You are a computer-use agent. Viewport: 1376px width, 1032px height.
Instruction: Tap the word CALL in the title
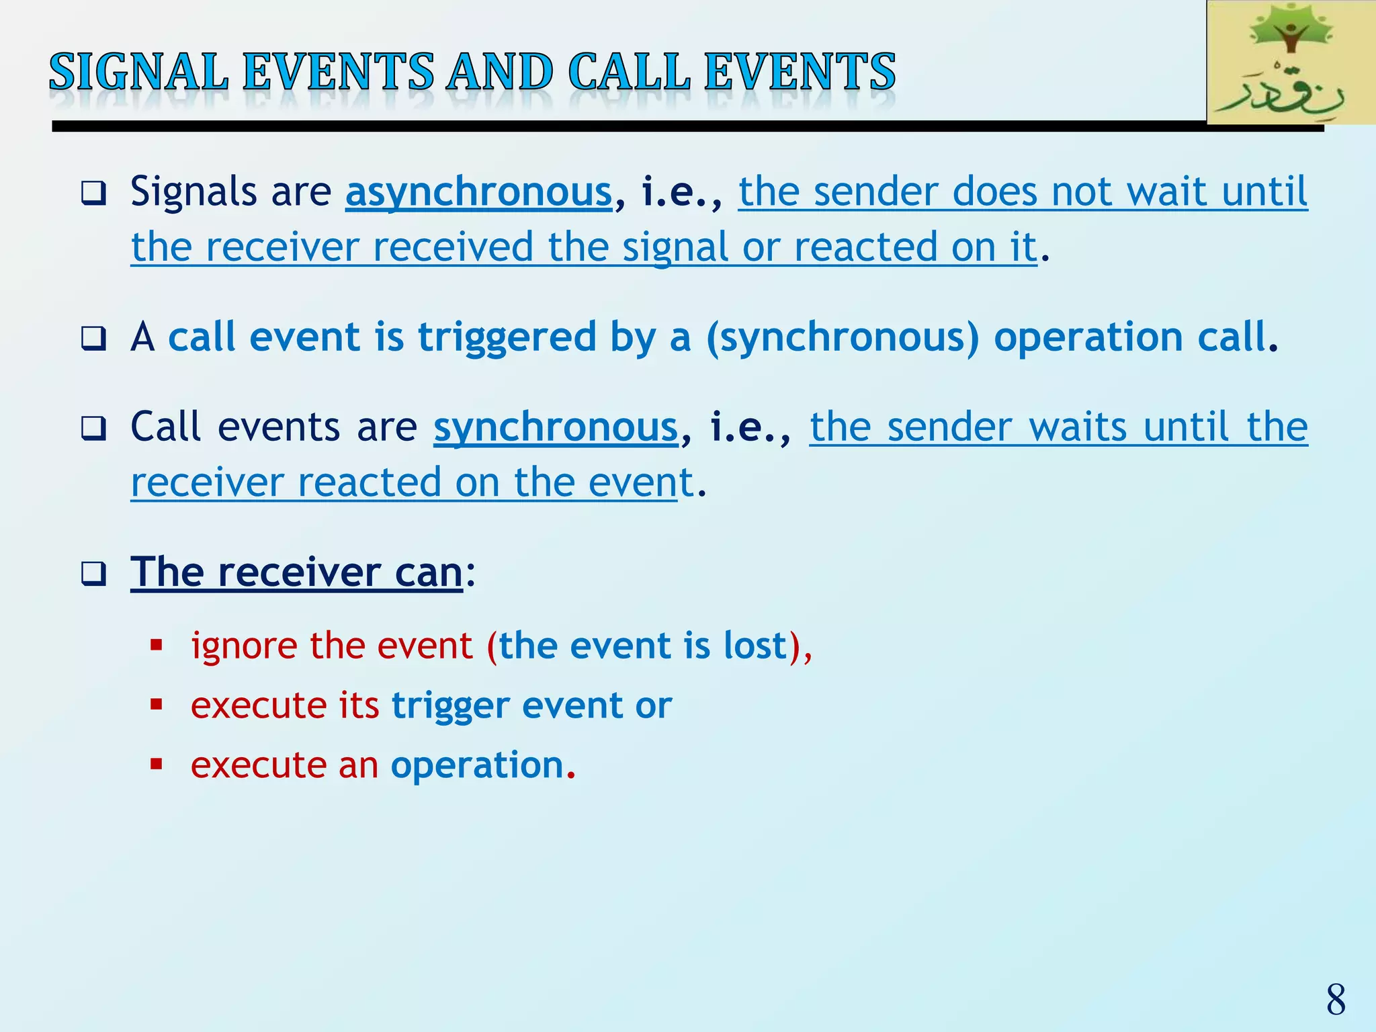point(629,72)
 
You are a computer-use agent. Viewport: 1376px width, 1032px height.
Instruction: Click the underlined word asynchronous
point(478,192)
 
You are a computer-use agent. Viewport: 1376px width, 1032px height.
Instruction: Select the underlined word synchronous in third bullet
point(556,427)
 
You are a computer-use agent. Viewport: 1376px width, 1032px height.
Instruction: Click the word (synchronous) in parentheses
point(843,337)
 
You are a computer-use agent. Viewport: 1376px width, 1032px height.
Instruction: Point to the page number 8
point(1336,1000)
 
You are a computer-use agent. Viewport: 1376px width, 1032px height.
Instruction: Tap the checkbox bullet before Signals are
point(93,193)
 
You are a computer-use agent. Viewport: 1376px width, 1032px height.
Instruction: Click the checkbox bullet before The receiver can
point(93,574)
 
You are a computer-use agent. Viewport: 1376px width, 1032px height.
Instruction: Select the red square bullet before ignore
point(157,646)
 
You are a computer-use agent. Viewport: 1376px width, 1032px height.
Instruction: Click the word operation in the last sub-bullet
point(477,765)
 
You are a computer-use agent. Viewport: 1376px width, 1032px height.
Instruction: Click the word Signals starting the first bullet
point(193,192)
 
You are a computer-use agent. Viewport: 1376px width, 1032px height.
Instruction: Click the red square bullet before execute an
point(157,764)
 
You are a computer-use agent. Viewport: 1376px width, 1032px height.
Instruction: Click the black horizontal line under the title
point(605,126)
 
